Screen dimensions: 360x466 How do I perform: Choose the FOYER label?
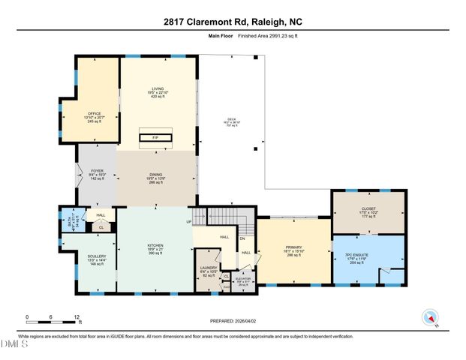pos(98,175)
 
